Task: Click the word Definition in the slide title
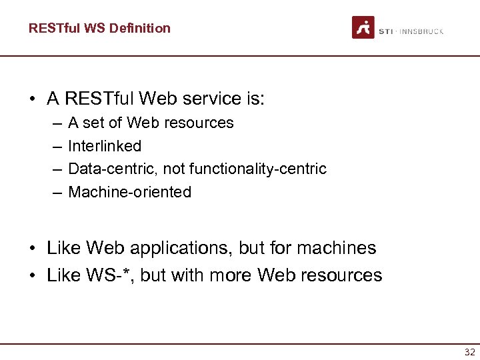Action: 139,28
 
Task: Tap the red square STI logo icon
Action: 363,27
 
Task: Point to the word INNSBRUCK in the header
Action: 421,31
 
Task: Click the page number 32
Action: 469,352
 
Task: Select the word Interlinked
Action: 105,146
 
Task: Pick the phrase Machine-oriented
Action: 129,192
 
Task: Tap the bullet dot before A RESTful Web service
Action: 33,100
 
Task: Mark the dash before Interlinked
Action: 54,147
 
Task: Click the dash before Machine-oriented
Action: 54,193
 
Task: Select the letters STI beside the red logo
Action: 385,31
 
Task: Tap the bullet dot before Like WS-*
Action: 33,276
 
